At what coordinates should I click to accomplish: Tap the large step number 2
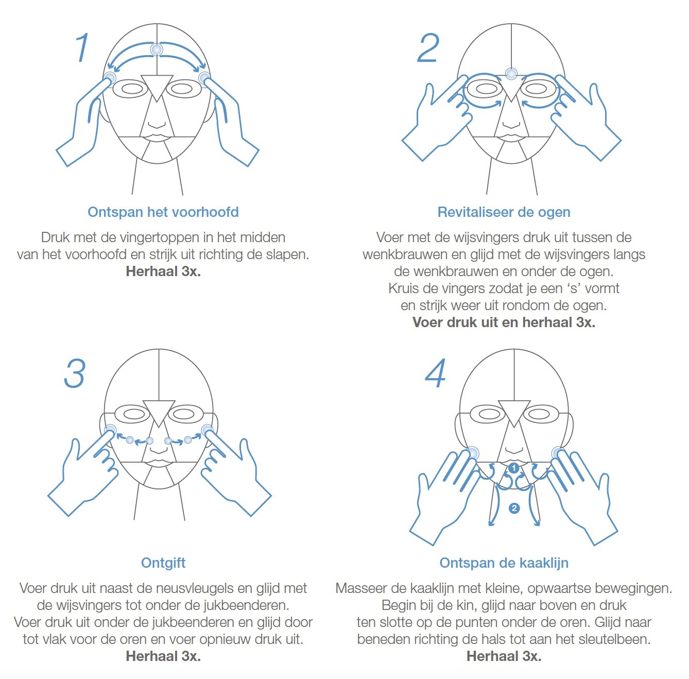[x=428, y=48]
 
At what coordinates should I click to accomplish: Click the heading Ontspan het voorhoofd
[x=163, y=212]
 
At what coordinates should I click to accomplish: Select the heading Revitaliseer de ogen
[x=504, y=212]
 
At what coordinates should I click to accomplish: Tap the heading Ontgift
[x=163, y=563]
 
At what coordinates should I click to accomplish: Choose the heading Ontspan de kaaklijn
[x=504, y=563]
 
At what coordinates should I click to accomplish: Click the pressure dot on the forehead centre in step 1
[x=157, y=49]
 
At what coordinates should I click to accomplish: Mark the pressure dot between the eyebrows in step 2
[x=511, y=74]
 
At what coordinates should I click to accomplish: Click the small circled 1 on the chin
[x=514, y=468]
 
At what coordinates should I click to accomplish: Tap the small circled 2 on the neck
[x=514, y=508]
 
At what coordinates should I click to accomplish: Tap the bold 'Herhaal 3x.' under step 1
[x=163, y=271]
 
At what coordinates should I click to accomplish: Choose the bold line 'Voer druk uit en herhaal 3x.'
[x=504, y=322]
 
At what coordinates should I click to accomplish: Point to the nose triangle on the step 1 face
[x=157, y=86]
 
